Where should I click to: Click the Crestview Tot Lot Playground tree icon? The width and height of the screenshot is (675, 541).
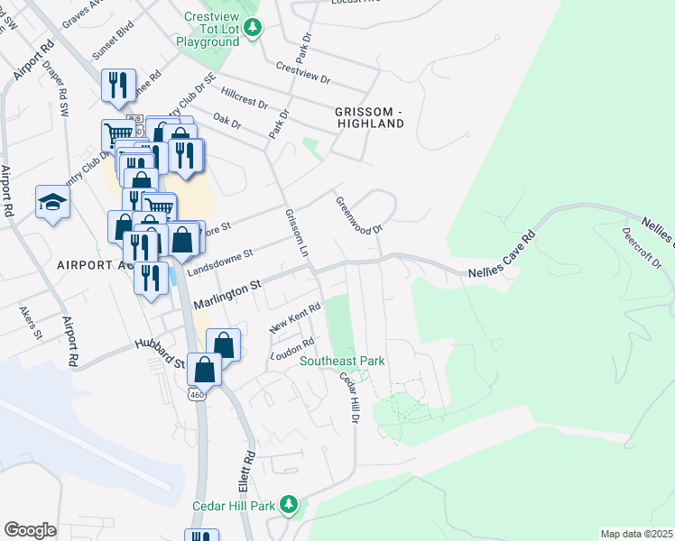click(255, 28)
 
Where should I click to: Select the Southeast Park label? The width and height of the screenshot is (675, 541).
click(342, 362)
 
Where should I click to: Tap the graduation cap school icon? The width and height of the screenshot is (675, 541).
click(52, 204)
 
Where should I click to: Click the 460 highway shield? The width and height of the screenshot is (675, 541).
click(196, 395)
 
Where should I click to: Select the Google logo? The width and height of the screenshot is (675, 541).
click(30, 530)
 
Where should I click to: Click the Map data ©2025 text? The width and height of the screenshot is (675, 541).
click(636, 534)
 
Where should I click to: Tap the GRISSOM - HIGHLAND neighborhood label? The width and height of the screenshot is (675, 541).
click(368, 117)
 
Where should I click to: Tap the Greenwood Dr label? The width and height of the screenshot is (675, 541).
click(359, 216)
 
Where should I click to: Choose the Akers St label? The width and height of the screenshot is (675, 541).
click(31, 322)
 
